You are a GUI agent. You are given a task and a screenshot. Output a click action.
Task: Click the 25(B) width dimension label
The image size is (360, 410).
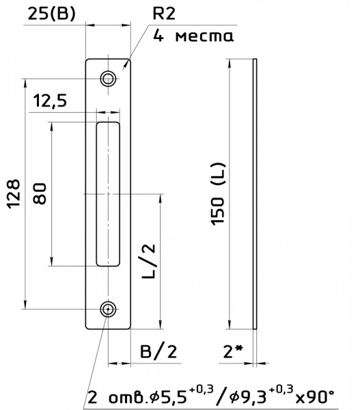(51, 14)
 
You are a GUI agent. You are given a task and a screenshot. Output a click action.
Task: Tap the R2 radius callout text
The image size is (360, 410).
(164, 14)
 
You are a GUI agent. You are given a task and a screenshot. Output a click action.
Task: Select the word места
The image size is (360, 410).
(204, 36)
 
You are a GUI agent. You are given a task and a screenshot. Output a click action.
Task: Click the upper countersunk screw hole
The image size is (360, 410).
(108, 79)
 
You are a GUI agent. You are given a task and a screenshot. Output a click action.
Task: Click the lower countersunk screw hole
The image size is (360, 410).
(108, 309)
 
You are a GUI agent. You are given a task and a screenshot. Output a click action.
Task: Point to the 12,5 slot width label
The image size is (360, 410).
(50, 100)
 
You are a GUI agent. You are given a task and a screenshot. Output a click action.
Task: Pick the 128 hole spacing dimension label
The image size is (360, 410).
(14, 194)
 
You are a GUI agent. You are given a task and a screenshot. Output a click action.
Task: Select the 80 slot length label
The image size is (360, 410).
(40, 193)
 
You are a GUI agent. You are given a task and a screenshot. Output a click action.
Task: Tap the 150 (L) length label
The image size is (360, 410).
(218, 194)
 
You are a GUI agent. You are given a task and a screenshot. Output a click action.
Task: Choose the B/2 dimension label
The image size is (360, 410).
(158, 351)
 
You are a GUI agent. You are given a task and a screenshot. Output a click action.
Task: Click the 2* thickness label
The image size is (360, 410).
(233, 351)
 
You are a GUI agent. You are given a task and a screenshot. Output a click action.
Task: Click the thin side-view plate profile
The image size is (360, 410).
(255, 194)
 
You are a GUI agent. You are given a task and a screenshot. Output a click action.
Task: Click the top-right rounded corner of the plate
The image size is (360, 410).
(128, 60)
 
